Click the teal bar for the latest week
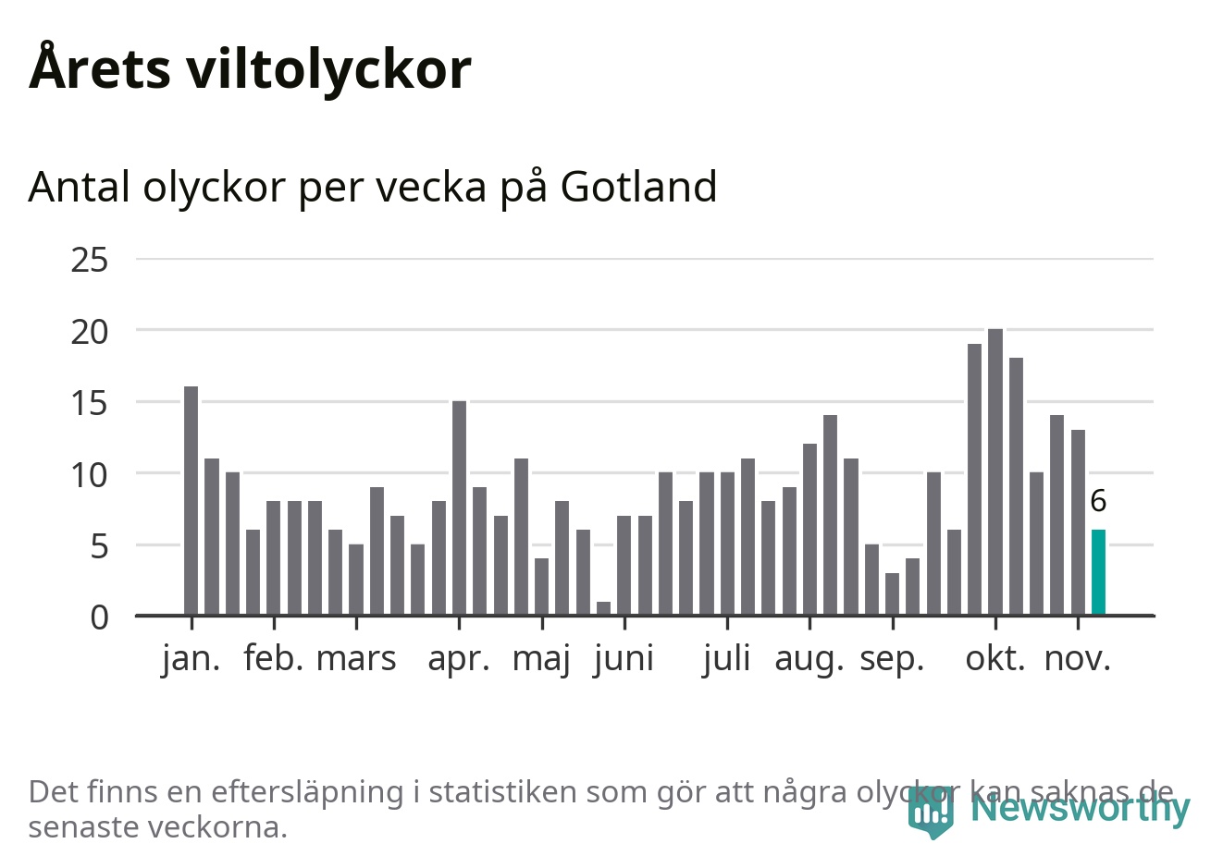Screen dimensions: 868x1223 tap(1098, 572)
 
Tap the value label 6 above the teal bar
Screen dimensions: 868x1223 tap(1098, 501)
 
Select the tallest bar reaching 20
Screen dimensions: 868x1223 tap(995, 471)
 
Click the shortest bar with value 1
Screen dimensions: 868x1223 tap(603, 608)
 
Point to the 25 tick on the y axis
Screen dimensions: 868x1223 tap(90, 260)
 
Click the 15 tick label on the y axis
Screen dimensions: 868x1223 tap(90, 403)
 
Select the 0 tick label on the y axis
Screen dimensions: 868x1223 tap(99, 617)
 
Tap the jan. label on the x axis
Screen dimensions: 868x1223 tap(191, 659)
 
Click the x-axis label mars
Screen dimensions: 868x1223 tap(356, 659)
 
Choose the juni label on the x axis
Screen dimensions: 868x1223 tap(624, 659)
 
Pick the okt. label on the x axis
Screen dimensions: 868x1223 tap(995, 659)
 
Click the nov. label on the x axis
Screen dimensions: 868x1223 tap(1078, 659)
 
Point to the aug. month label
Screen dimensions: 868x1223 tap(809, 659)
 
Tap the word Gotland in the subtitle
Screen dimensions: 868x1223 tap(638, 187)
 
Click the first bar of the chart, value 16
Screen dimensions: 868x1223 tap(191, 500)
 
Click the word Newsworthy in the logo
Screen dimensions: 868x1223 tap(1081, 808)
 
